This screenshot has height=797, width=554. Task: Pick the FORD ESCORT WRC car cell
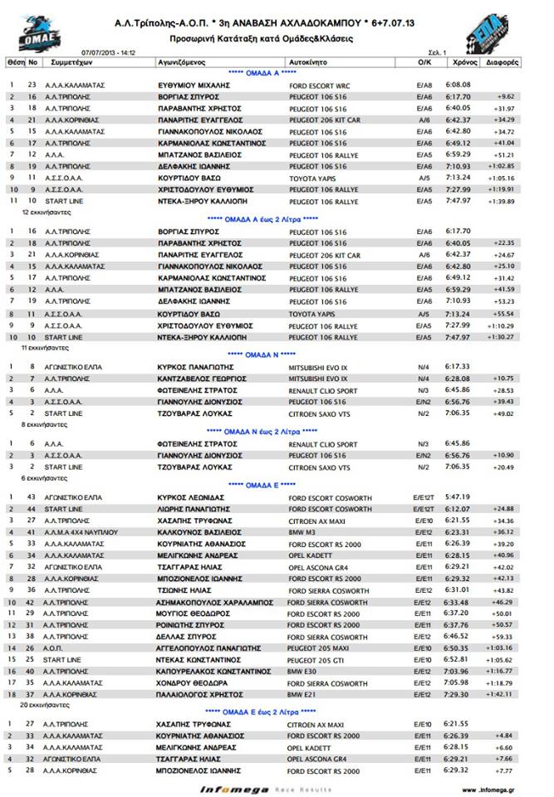(320, 85)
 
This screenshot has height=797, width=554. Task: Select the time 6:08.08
(458, 85)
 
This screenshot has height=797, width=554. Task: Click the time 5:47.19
(458, 496)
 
